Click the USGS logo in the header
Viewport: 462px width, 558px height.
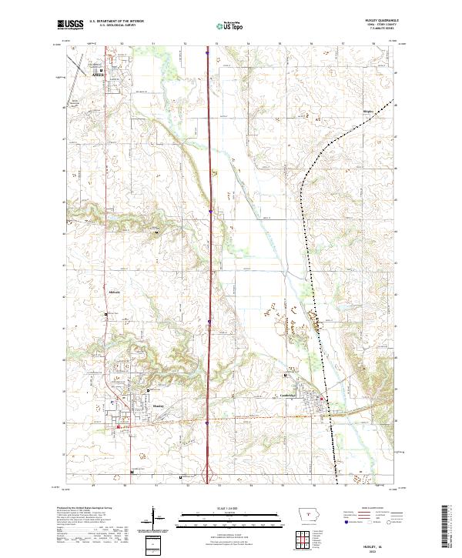[x=70, y=25]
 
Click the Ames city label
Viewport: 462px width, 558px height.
[x=97, y=76]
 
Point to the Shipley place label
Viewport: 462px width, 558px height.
[x=367, y=112]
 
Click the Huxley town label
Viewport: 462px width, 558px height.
[x=159, y=405]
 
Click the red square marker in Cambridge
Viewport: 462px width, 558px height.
[x=321, y=398]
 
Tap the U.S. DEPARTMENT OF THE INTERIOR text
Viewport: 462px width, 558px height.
[x=117, y=22]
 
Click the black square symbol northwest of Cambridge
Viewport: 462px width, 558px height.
[x=287, y=375]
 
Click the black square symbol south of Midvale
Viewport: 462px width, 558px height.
[x=106, y=314]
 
